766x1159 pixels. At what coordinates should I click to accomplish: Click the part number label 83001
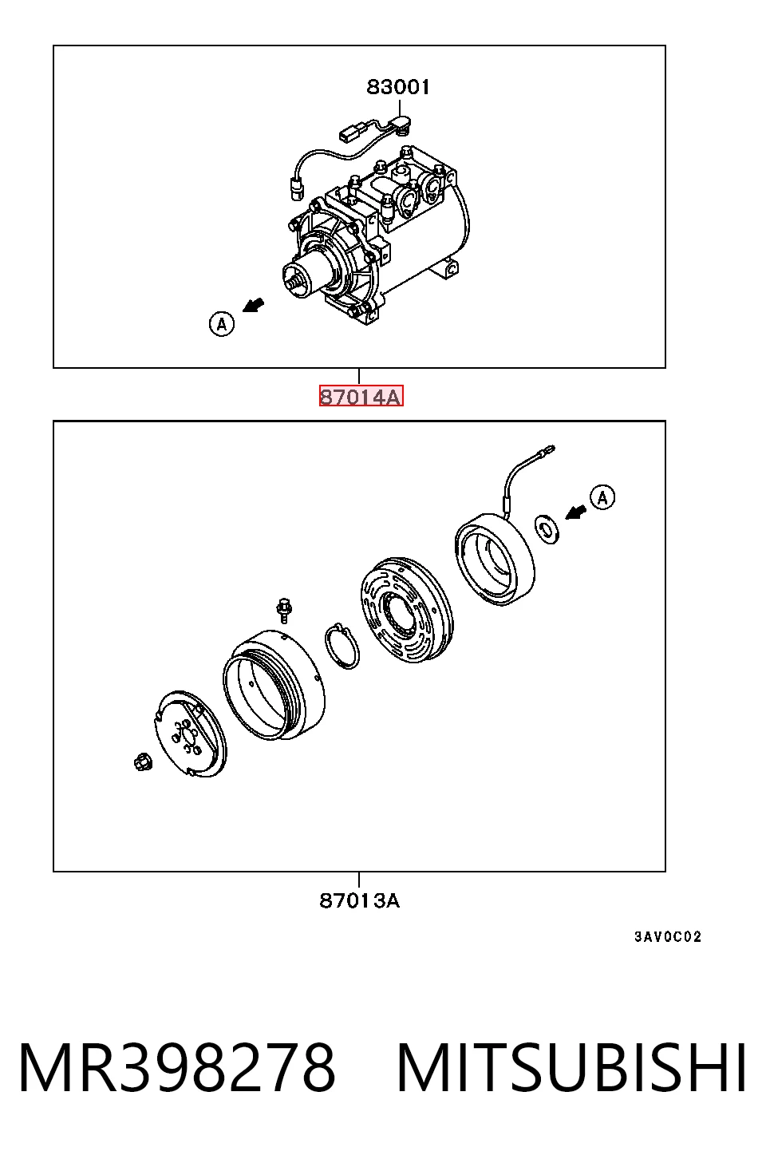coord(398,87)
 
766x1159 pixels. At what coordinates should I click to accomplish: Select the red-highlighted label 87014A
coord(361,397)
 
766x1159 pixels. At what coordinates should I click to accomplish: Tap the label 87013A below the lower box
coord(360,901)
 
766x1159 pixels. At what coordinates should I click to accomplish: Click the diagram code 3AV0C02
coord(668,936)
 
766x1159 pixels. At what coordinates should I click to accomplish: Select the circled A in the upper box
coord(222,324)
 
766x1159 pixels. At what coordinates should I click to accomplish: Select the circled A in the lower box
coord(602,498)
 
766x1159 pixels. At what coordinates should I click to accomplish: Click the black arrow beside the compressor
coord(254,305)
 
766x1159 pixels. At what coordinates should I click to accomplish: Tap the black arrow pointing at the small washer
coord(575,512)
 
